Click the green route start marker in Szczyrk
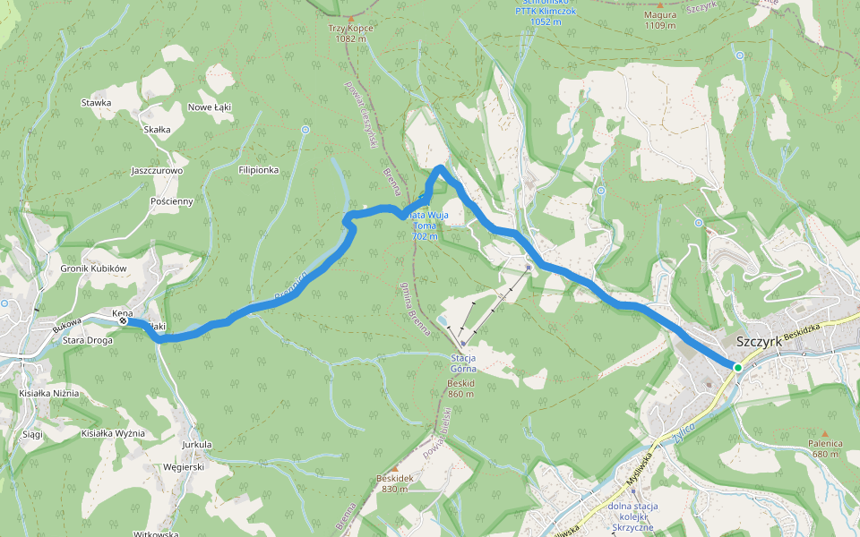[x=737, y=368]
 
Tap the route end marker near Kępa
[x=123, y=320]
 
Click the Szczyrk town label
[x=758, y=342]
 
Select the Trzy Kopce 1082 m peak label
[x=350, y=33]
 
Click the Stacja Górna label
[x=462, y=359]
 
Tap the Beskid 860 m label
[x=460, y=388]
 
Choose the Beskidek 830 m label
[x=395, y=483]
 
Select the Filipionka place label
[x=259, y=169]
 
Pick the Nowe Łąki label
[x=210, y=107]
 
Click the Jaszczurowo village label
[x=157, y=170]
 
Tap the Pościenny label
[x=172, y=201]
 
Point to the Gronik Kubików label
[x=95, y=268]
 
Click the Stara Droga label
[x=88, y=341]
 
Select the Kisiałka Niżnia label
[x=49, y=393]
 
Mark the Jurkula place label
[x=196, y=444]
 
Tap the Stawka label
[x=96, y=103]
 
